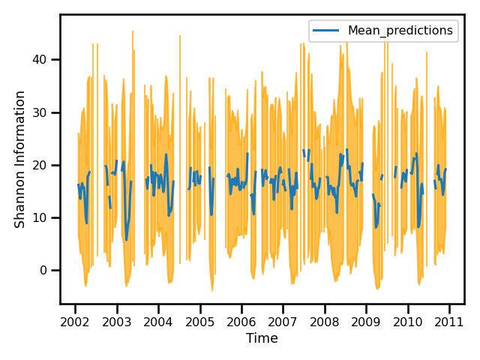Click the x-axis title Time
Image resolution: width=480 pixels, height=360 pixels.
coord(262,339)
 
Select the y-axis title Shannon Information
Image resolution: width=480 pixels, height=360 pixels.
coord(20,159)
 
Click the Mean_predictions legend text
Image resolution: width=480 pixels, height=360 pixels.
coord(400,31)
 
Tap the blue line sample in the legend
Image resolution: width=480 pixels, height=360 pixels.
coord(327,31)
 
